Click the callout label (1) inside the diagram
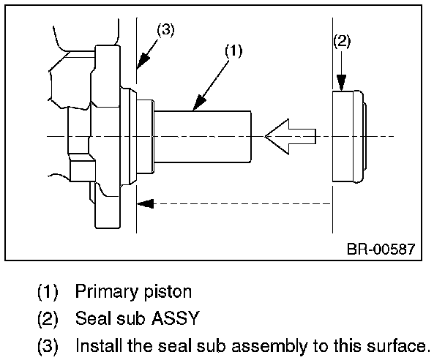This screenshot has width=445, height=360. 232,50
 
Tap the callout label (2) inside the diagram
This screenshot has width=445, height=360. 342,41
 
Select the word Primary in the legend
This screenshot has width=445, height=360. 104,291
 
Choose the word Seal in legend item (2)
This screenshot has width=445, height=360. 91,319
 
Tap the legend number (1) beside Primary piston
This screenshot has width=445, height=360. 48,291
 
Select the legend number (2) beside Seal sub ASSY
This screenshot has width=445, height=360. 48,319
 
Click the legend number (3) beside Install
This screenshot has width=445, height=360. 48,345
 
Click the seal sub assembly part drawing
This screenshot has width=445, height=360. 348,137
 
